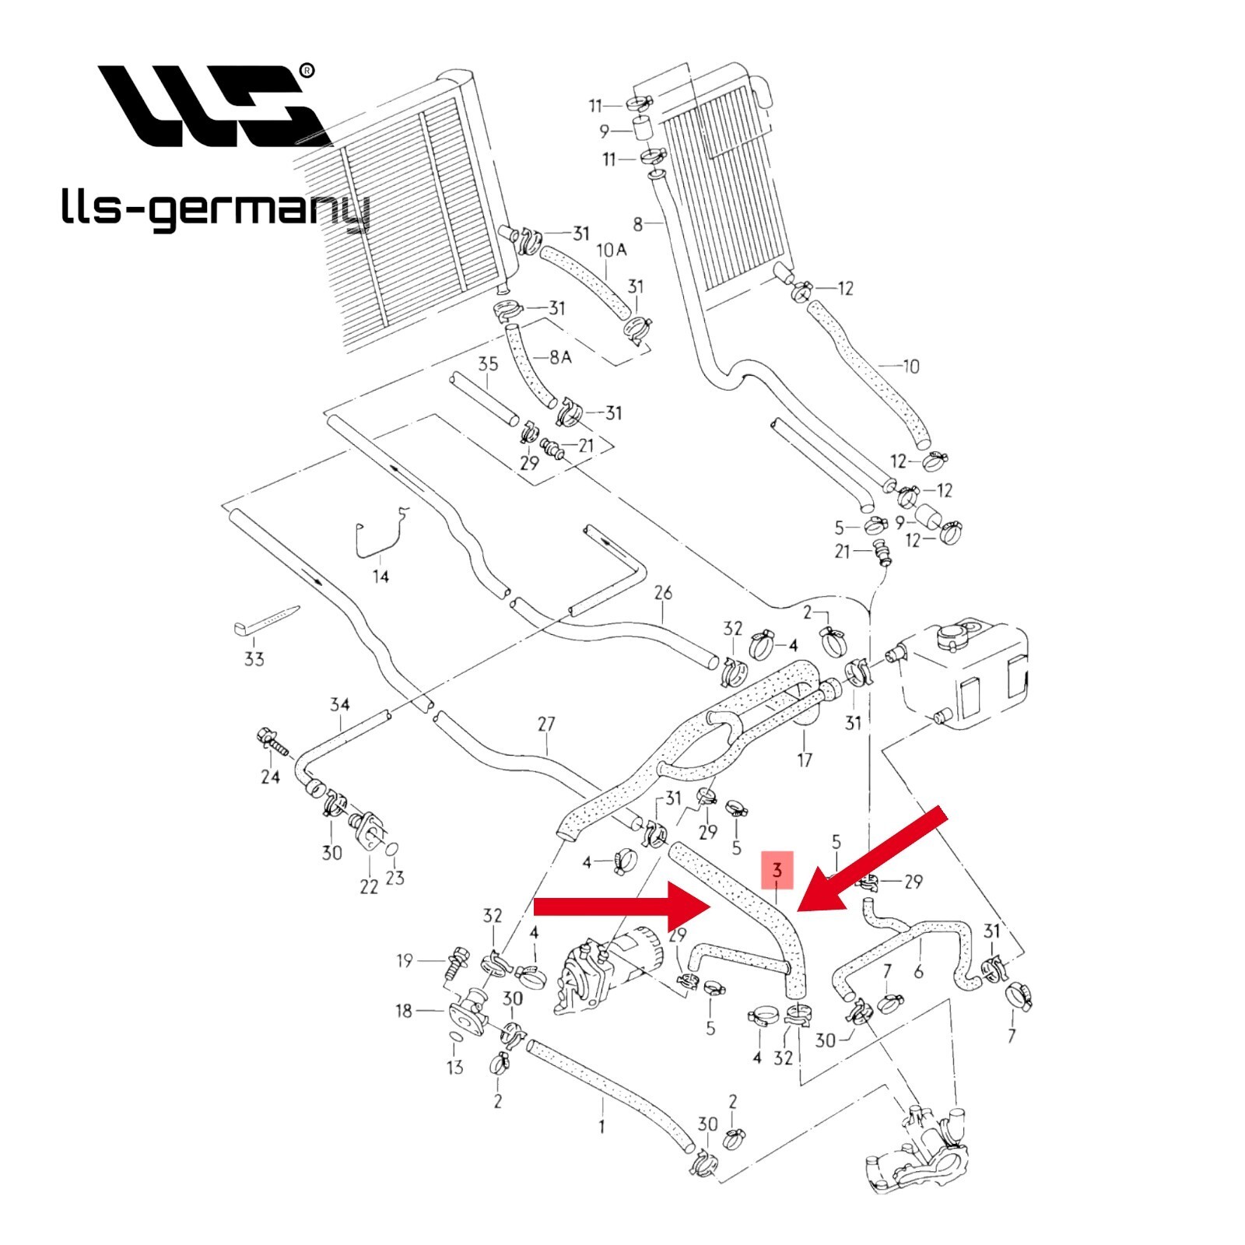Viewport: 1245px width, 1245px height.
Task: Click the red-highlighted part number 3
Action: pyautogui.click(x=777, y=870)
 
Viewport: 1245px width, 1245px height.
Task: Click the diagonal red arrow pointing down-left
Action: pyautogui.click(x=871, y=859)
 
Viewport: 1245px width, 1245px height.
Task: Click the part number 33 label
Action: pyautogui.click(x=254, y=659)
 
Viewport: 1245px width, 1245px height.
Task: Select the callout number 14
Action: pyautogui.click(x=381, y=576)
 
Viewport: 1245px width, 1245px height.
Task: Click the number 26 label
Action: pyautogui.click(x=662, y=593)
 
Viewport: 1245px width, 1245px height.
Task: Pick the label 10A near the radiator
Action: pyautogui.click(x=612, y=250)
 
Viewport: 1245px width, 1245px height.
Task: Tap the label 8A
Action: pyautogui.click(x=560, y=356)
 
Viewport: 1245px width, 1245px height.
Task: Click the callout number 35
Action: pyautogui.click(x=488, y=364)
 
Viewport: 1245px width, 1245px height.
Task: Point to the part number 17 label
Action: pyautogui.click(x=805, y=759)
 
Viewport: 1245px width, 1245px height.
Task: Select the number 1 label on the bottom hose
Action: pyautogui.click(x=601, y=1126)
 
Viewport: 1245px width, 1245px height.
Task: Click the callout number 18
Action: pyautogui.click(x=404, y=1011)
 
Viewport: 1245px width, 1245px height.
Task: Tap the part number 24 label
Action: pyautogui.click(x=270, y=776)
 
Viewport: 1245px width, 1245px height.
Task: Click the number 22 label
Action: pyautogui.click(x=368, y=886)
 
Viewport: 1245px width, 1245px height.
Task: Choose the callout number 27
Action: pyautogui.click(x=546, y=724)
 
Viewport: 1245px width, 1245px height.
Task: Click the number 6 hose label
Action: pyautogui.click(x=918, y=971)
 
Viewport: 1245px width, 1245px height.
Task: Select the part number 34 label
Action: pyautogui.click(x=340, y=705)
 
